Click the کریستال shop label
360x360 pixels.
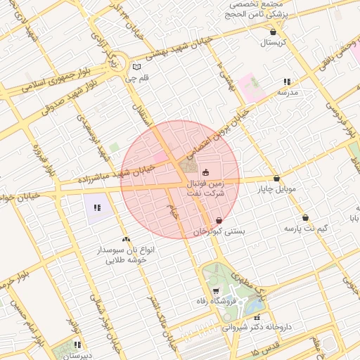point(271,43)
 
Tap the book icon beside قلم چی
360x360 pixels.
point(136,67)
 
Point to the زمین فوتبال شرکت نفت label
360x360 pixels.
point(205,187)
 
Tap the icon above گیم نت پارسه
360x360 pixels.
point(305,218)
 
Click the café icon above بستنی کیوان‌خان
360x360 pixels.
point(219,220)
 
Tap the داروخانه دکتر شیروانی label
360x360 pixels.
point(256,328)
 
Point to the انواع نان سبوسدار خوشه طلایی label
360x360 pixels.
point(126,255)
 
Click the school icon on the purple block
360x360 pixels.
point(97,208)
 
